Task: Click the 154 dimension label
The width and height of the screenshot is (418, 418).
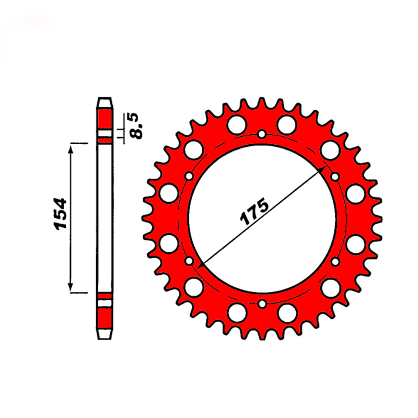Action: [x=61, y=214]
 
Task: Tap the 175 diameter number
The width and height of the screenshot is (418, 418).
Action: [x=254, y=212]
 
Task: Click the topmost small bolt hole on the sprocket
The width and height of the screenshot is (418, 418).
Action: [x=262, y=134]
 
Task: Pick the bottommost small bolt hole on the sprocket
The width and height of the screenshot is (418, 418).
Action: [x=262, y=304]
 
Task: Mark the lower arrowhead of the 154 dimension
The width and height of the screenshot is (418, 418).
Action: [x=71, y=287]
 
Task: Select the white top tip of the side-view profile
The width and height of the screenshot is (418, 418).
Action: [x=105, y=103]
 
